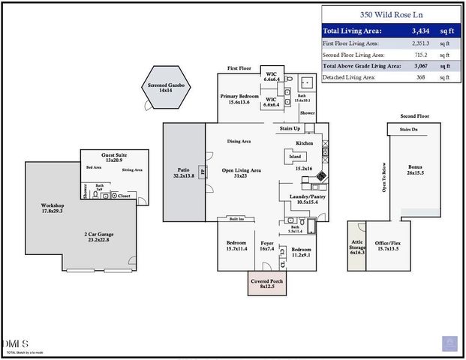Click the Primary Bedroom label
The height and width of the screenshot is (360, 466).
239,100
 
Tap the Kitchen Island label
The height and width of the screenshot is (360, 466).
295,157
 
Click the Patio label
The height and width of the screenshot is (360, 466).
184,172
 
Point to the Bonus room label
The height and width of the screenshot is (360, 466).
415,169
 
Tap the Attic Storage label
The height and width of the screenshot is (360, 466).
357,247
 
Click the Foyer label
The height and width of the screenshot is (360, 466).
267,245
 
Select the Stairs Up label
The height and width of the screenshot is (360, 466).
289,128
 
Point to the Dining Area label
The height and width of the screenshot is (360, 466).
239,142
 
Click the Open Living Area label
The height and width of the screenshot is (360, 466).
242,172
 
